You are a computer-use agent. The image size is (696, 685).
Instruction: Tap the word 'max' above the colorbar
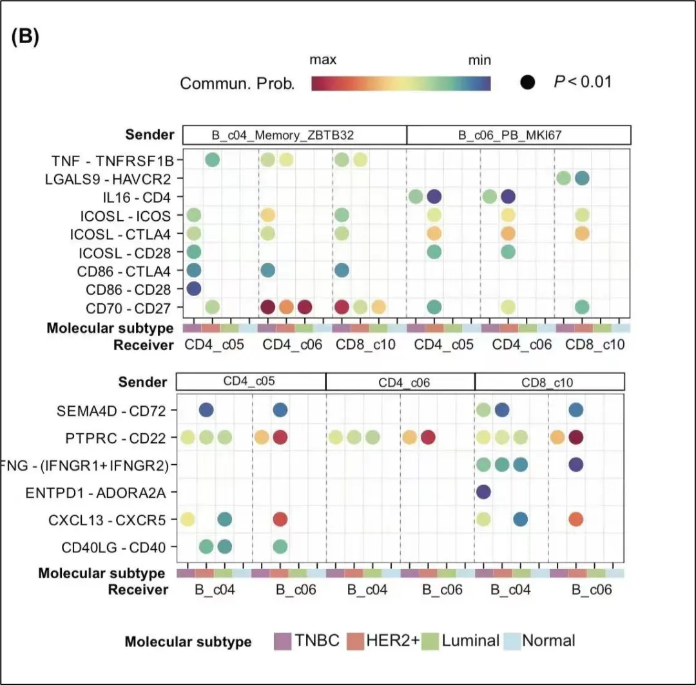(323, 61)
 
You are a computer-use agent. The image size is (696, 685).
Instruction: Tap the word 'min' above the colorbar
(479, 61)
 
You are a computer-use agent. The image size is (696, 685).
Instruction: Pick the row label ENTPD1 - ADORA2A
(95, 493)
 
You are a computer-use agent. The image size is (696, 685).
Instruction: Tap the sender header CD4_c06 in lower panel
(400, 382)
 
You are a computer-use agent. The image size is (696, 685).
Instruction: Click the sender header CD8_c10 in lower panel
(549, 382)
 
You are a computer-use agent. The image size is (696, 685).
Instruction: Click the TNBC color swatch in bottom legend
(284, 641)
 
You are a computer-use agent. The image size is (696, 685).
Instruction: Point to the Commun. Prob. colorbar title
(237, 84)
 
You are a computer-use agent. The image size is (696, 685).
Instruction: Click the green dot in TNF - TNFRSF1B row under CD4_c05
(212, 160)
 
